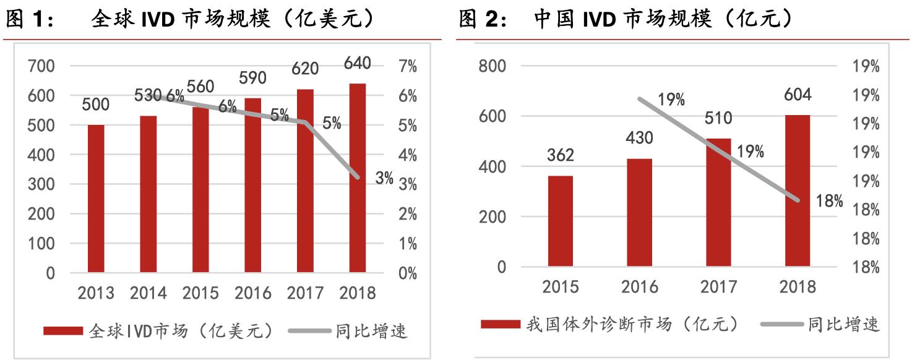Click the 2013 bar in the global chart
(96, 199)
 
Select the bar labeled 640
(358, 178)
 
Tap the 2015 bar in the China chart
(561, 221)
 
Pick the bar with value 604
(798, 191)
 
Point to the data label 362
(561, 155)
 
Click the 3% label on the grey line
(384, 179)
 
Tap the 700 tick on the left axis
(41, 66)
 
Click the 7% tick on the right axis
(407, 66)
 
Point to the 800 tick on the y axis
(493, 66)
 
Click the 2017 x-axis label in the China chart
(719, 287)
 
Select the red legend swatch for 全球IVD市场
(62, 332)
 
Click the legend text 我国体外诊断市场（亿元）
(631, 324)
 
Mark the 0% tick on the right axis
(407, 273)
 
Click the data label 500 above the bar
(96, 105)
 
